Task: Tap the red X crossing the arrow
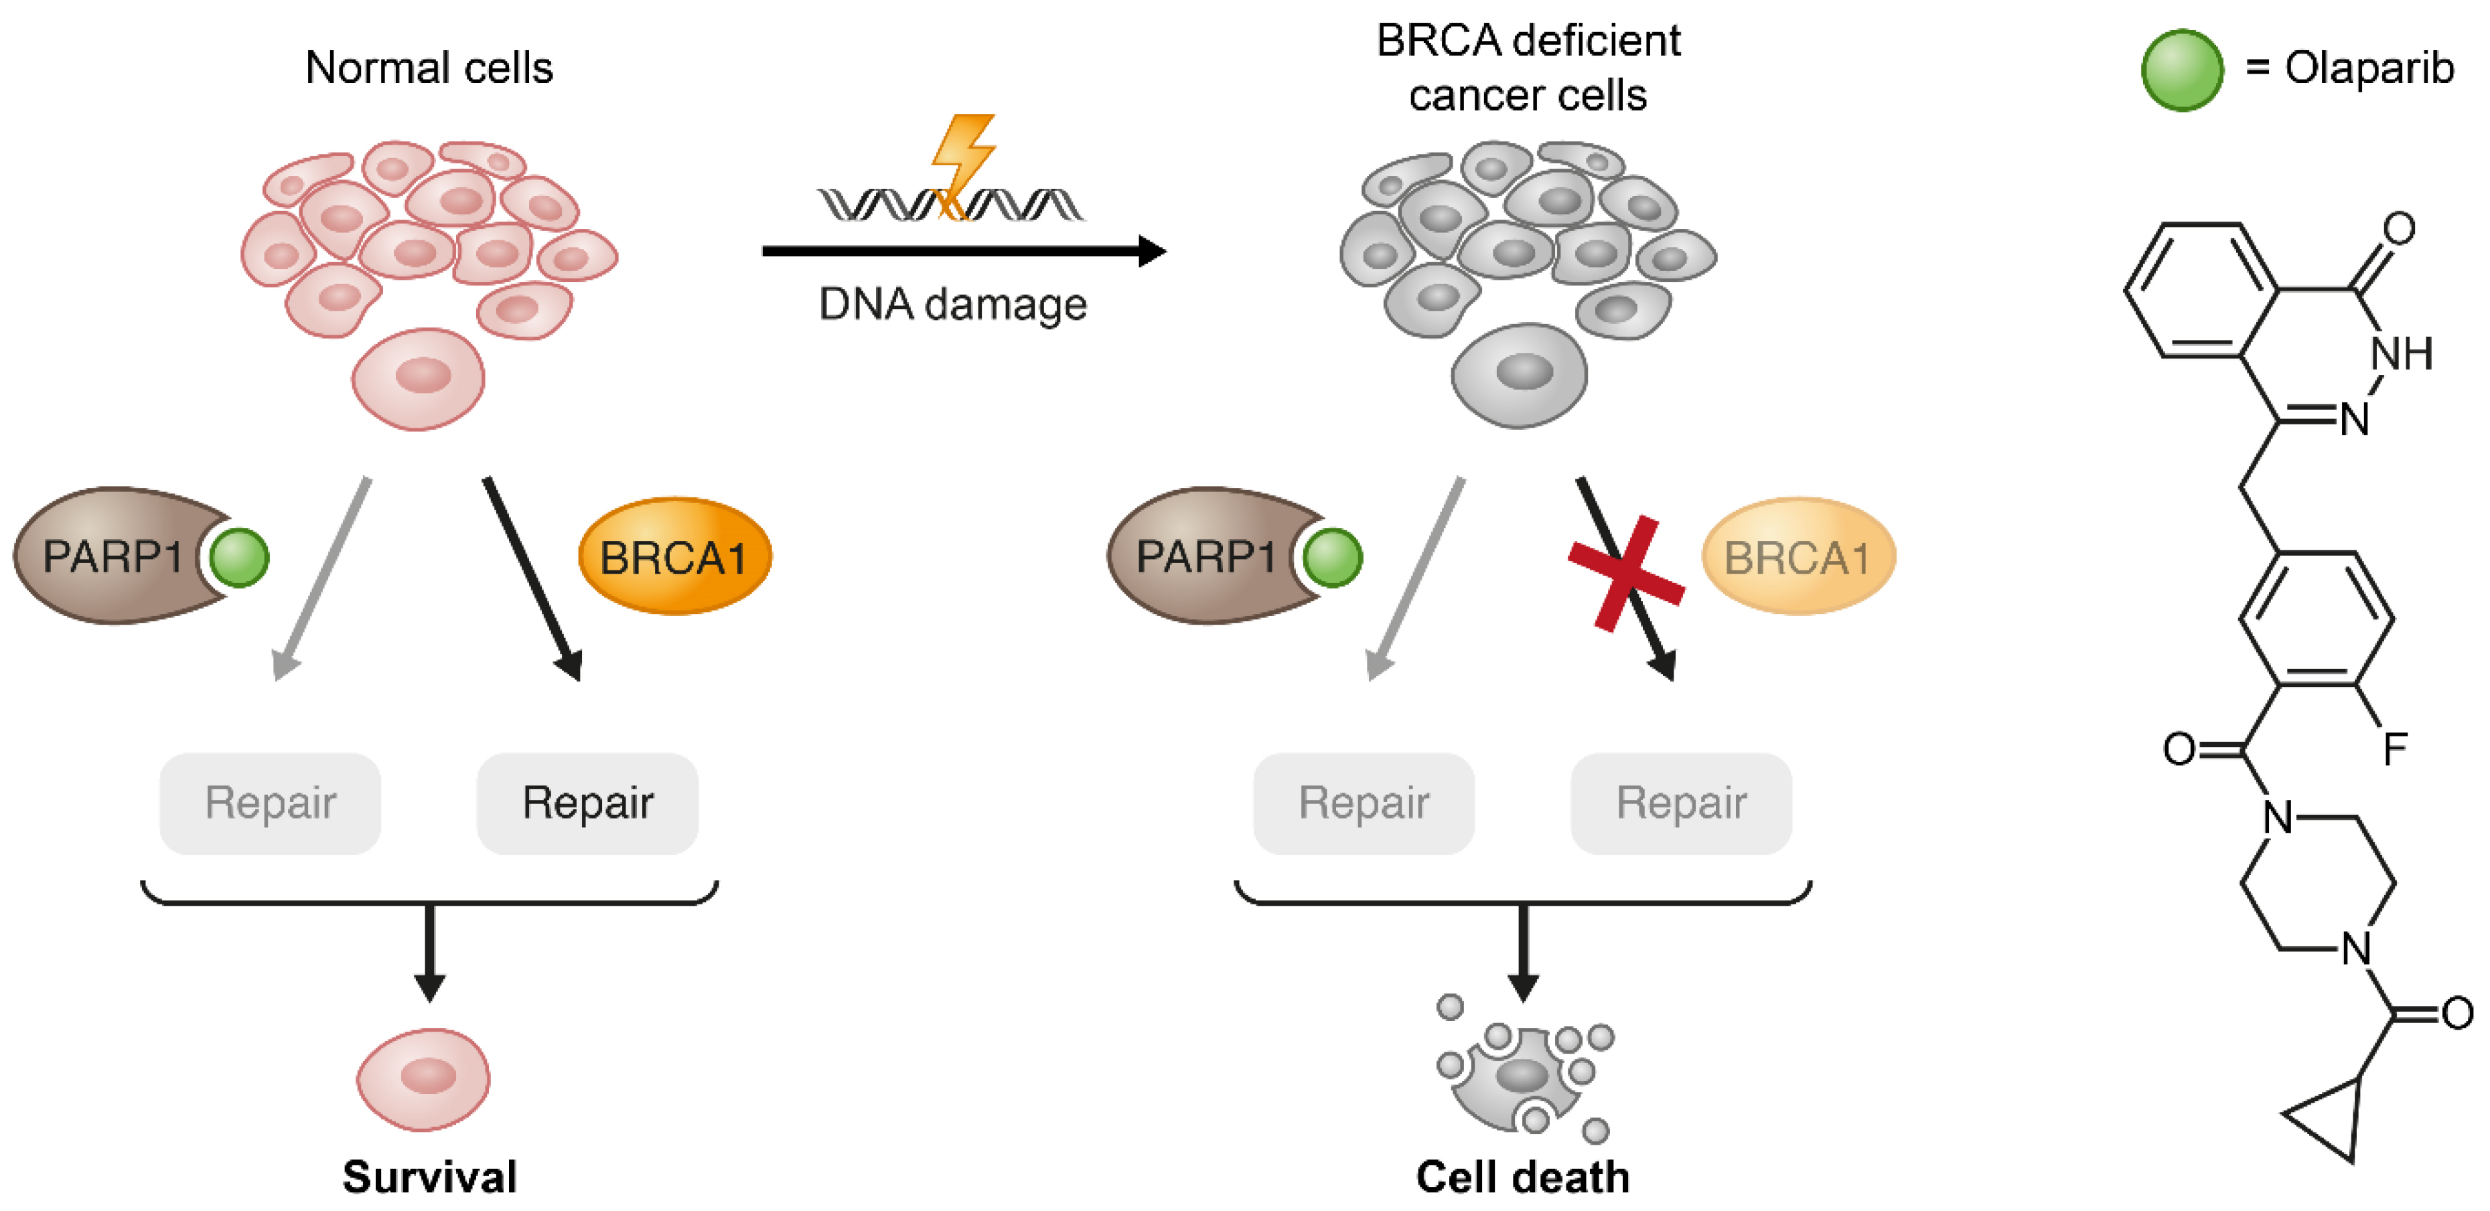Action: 1626,573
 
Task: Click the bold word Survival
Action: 430,1176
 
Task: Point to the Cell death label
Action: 1522,1176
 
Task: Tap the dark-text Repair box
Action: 588,803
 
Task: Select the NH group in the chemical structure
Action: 2401,353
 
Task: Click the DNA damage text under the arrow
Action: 953,305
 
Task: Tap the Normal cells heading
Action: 429,68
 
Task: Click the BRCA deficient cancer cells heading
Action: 1528,68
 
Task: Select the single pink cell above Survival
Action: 423,1078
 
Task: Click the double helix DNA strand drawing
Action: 951,205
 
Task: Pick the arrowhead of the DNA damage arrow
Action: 1152,251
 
